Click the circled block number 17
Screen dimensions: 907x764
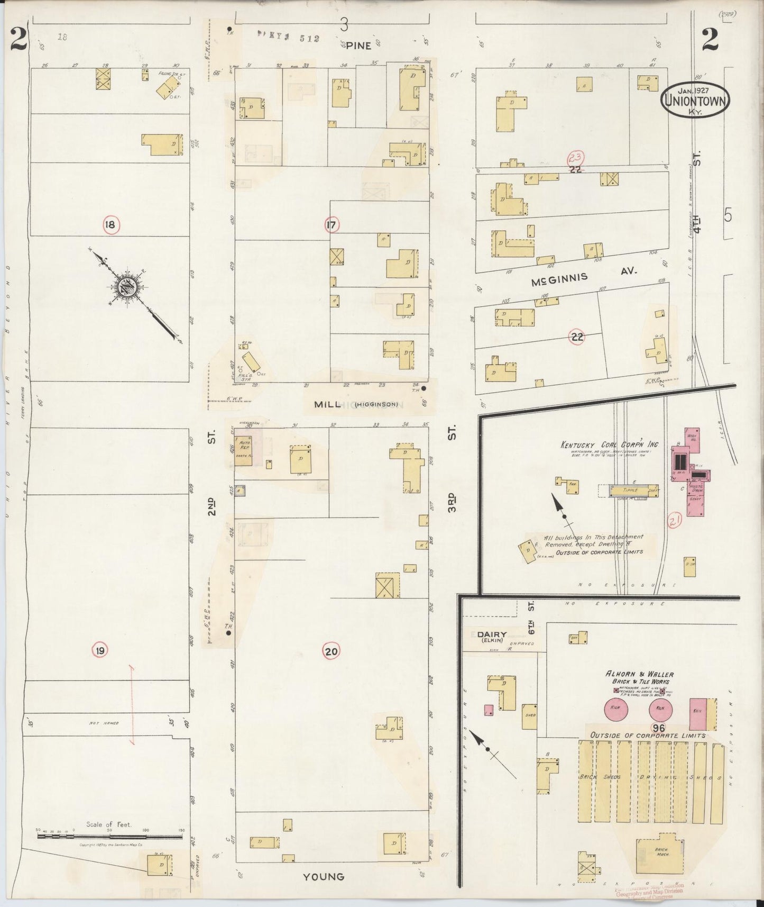[x=332, y=225]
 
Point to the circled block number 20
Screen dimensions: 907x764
[x=331, y=651]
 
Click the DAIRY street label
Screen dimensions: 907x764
[x=492, y=634]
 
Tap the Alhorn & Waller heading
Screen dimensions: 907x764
[x=639, y=674]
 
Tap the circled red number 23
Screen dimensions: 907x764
[x=576, y=158]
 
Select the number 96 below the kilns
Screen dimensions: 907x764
[x=658, y=728]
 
